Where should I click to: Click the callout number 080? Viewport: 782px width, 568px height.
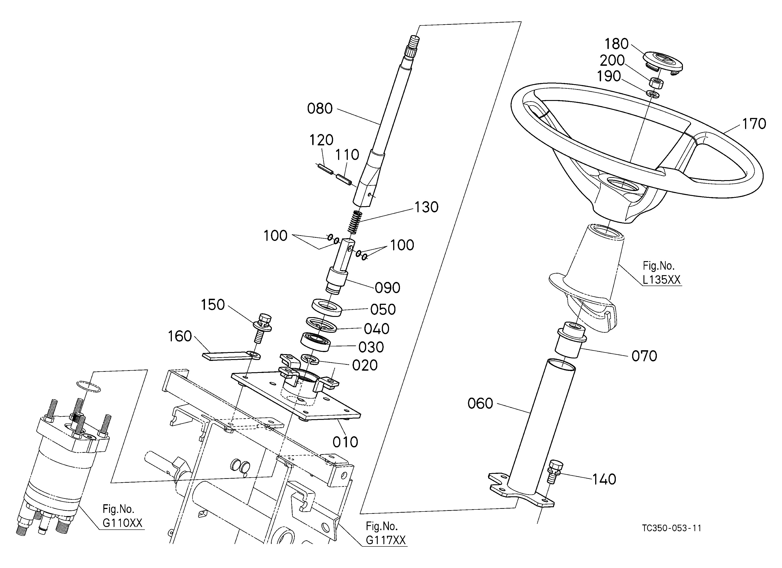(x=320, y=109)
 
